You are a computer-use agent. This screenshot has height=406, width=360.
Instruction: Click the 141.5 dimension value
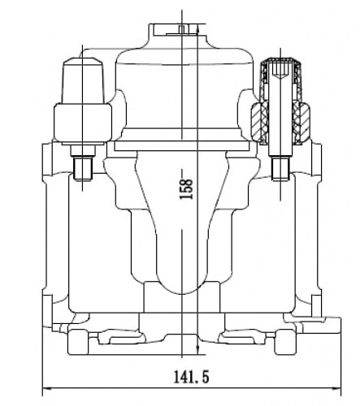pos(191,377)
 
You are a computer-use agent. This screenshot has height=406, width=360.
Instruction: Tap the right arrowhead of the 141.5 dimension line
pos(336,389)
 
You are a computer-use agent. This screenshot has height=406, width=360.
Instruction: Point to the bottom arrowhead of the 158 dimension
pos(198,350)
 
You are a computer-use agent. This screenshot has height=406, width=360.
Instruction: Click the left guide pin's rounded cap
pos(83,80)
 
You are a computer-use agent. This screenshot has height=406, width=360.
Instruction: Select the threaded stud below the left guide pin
pos(83,170)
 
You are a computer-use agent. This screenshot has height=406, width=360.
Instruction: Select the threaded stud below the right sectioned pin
pos(280,169)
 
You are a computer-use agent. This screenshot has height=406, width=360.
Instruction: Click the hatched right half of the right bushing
pos(301,121)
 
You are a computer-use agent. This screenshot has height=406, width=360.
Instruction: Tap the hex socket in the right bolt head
pos(280,70)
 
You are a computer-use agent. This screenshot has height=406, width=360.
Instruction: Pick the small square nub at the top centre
pos(182,29)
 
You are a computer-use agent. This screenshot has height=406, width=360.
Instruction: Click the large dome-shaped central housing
pos(184,89)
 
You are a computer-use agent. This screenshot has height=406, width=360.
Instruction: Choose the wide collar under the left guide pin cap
pos(83,123)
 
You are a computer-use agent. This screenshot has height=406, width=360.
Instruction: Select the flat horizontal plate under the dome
pos(181,146)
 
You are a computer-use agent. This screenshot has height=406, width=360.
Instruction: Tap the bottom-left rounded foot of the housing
pos(78,342)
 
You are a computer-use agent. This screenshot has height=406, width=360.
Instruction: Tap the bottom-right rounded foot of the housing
pos(285,342)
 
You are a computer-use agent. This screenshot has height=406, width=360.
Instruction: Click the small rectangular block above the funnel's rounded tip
pos(181,297)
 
